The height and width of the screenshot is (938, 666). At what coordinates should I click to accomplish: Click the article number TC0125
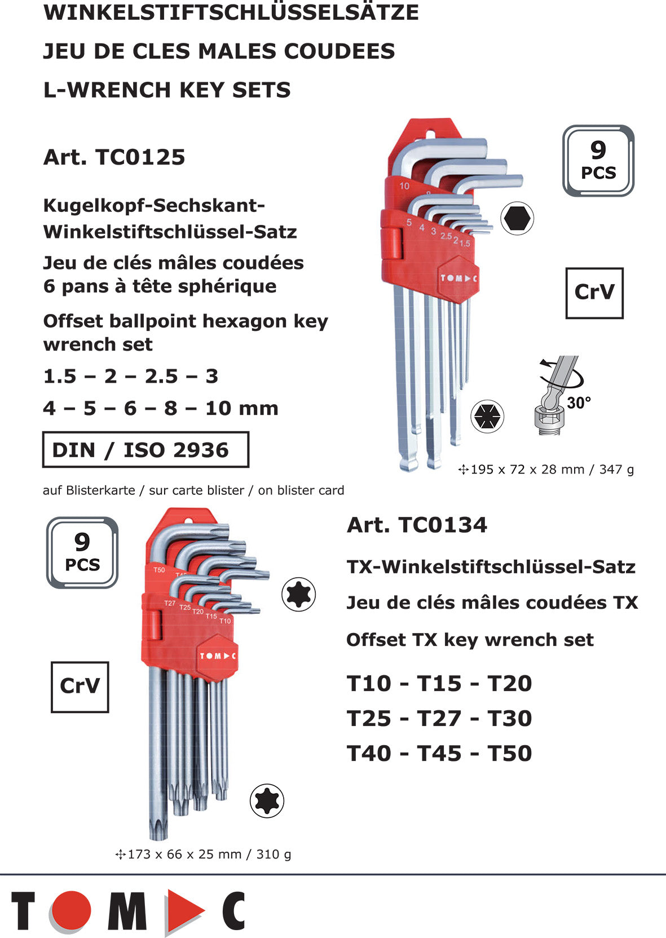coord(114,157)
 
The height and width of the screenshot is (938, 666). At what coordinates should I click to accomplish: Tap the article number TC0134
coord(417,525)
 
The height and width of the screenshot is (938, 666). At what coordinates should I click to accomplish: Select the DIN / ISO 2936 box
coord(145,450)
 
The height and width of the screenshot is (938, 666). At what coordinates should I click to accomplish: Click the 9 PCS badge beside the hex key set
coord(598,161)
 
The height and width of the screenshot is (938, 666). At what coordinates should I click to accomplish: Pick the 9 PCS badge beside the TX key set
coord(82,553)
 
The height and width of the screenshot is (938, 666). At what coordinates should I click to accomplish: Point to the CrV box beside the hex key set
coord(594,293)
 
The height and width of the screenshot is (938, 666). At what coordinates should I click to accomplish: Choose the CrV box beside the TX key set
coord(80,687)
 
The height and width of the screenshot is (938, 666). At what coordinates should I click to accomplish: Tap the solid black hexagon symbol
coord(517,219)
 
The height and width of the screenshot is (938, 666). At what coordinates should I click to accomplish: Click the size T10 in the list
coord(369,684)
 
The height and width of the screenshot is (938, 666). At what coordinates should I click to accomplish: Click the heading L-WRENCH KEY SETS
coord(167,90)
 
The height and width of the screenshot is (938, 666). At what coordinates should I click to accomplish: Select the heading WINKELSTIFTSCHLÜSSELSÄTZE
coord(231,12)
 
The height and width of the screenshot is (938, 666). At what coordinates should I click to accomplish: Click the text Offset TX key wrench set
coord(470,640)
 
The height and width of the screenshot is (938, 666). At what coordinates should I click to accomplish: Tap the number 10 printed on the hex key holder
coord(404,186)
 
